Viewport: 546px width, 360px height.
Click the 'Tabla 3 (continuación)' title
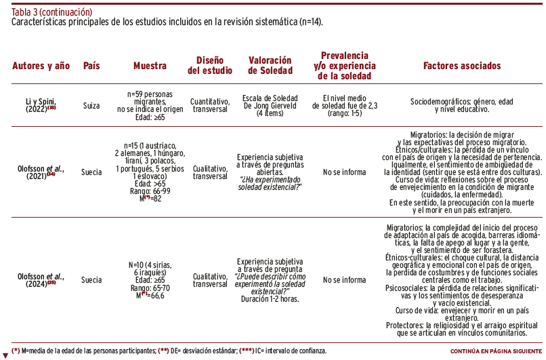[52, 12]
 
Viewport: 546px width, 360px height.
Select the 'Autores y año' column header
[41, 66]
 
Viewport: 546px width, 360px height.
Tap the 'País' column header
[91, 66]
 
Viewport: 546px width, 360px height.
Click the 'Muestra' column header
[150, 66]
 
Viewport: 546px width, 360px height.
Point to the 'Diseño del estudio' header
[210, 66]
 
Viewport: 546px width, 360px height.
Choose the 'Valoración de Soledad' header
[270, 66]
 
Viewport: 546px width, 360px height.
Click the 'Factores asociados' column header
[462, 66]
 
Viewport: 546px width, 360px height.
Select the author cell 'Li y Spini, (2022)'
[41, 105]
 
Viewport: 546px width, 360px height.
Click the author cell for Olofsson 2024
[41, 280]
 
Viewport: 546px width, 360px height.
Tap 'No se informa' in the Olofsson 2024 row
[345, 280]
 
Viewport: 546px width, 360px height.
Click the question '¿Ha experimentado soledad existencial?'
[270, 183]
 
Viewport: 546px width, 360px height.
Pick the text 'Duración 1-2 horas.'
[270, 298]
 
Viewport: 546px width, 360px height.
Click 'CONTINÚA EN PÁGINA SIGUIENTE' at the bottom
[497, 351]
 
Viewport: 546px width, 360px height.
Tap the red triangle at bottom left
[5, 355]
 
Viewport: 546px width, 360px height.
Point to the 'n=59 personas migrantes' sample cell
[150, 96]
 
